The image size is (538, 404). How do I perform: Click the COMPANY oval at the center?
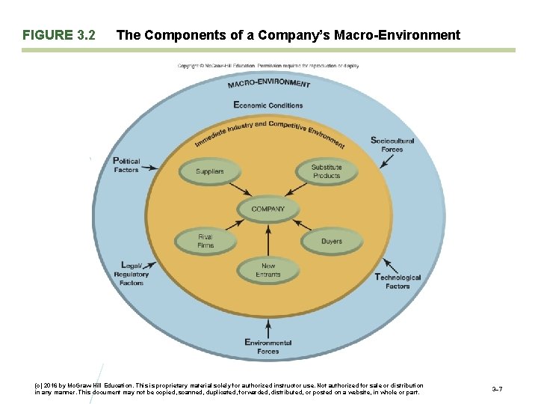tap(268, 209)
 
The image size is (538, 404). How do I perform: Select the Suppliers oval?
tap(209, 171)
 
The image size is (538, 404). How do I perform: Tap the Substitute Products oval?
tap(326, 171)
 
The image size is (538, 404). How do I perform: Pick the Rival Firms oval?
tap(205, 241)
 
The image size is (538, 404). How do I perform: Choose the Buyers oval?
tap(331, 241)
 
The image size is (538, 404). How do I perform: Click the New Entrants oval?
tap(268, 270)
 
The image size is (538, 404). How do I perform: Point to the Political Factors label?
tap(126, 165)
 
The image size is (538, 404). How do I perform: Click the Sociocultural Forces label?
tap(392, 144)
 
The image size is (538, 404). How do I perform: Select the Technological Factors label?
tap(398, 281)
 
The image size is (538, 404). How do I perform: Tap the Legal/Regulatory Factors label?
tap(132, 274)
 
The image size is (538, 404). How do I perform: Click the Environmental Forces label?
tap(268, 346)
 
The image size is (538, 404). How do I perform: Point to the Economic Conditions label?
tap(268, 105)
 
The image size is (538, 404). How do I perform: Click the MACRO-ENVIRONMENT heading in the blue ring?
tap(268, 84)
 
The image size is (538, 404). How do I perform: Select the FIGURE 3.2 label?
tap(59, 35)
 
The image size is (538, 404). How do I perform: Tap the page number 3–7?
tap(497, 390)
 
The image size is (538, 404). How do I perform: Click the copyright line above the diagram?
tap(268, 66)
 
